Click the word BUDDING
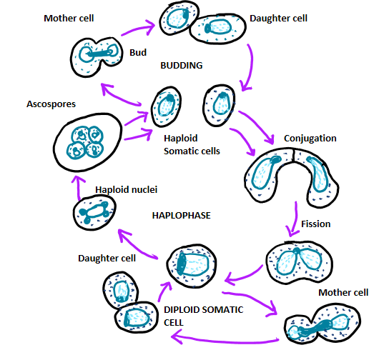tap(182, 65)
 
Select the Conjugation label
tap(310, 138)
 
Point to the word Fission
tap(315, 224)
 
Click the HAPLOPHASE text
tap(182, 214)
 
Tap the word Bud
tap(138, 53)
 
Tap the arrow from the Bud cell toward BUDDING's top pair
tap(135, 32)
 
